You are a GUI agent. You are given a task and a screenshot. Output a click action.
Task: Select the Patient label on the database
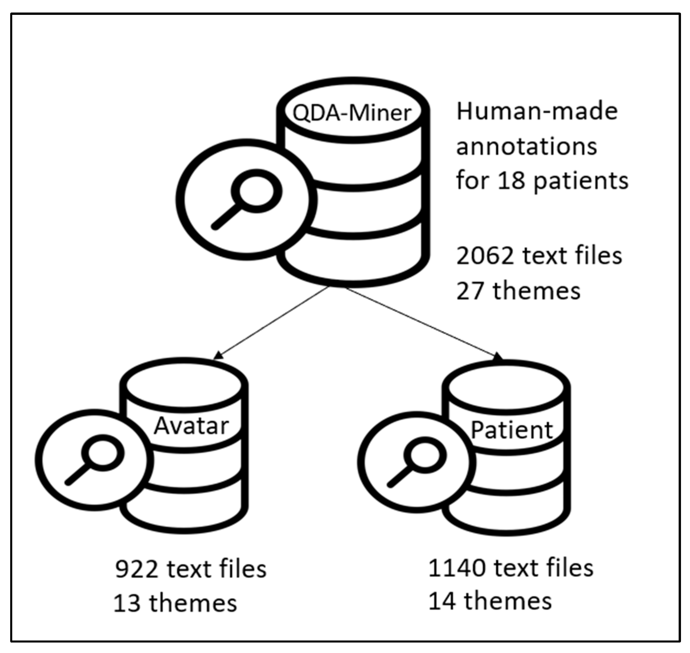[x=512, y=430]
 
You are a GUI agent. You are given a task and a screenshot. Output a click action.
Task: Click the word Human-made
[x=537, y=112]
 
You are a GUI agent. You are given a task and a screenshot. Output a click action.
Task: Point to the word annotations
[x=526, y=146]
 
